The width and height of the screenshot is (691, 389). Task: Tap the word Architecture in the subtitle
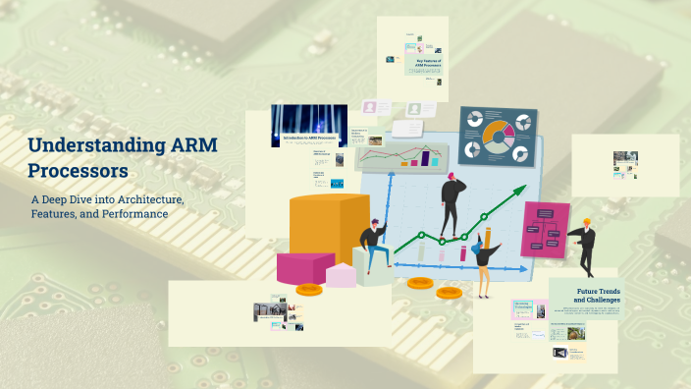147,199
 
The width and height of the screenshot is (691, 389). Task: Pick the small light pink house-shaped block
341,274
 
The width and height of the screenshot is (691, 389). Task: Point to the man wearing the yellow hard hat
585,246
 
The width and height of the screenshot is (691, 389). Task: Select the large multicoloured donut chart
498,138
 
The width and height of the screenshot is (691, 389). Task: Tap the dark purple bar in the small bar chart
425,157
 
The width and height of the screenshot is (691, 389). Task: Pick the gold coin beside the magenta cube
309,289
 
